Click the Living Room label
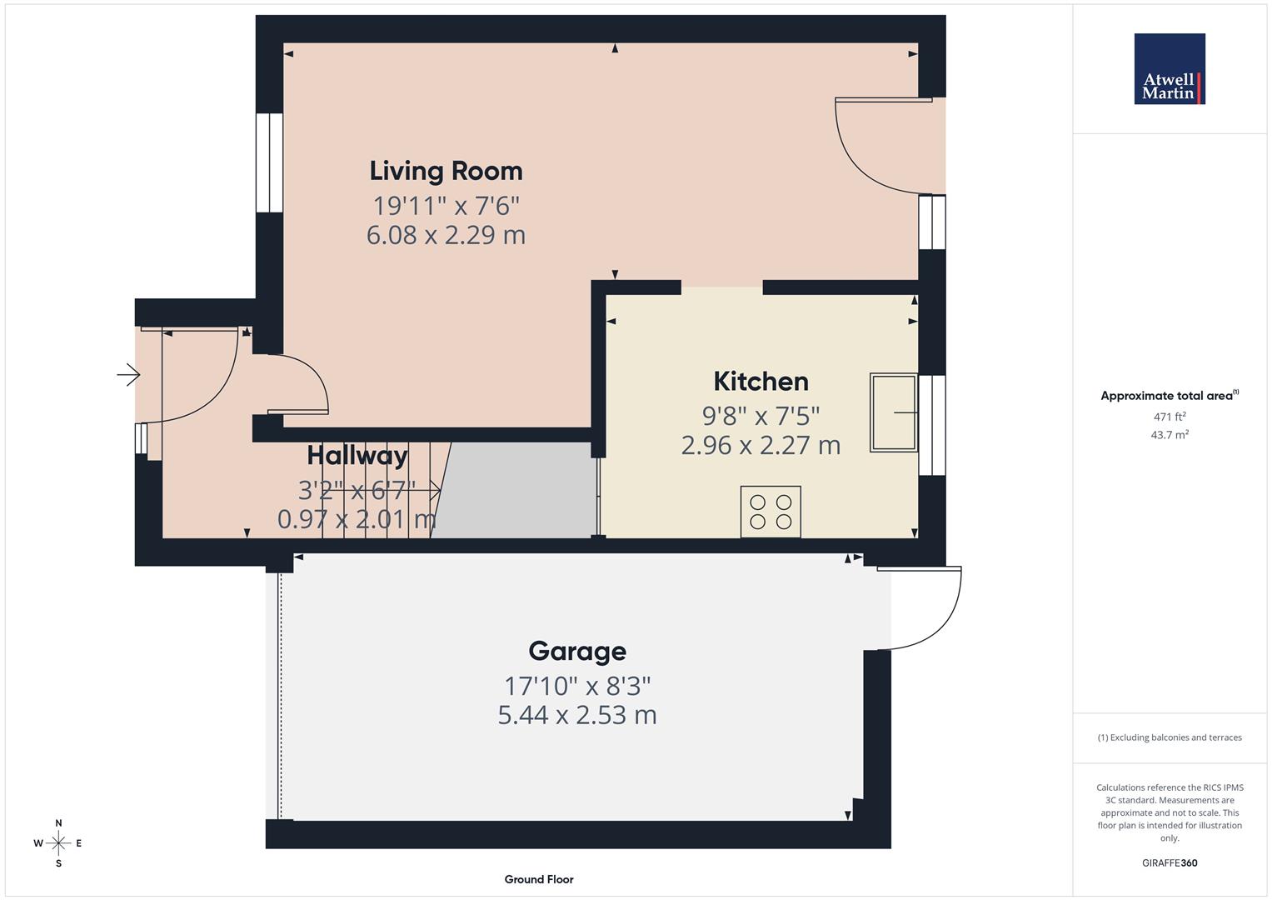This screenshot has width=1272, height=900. pos(446,171)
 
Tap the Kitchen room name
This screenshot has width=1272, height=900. pos(761,382)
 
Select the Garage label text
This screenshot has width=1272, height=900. pos(576,651)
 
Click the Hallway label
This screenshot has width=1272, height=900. pos(357,456)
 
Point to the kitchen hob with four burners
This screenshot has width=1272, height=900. pos(771,512)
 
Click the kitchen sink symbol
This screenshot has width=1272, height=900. pos(893,412)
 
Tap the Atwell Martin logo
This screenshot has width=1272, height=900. pos(1170,69)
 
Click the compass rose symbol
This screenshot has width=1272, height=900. pos(58,843)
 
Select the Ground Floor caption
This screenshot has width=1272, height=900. pos(539,879)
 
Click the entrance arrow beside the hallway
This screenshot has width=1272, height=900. pos(128,376)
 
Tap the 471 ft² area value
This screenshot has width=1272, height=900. pos(1170,417)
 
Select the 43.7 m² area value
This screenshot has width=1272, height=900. pos(1170,434)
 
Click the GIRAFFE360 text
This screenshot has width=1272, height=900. pos(1170,863)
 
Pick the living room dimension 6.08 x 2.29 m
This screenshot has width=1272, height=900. pos(446,235)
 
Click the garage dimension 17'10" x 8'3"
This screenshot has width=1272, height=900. pos(576,686)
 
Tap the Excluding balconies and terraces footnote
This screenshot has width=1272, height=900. pos(1170,737)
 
